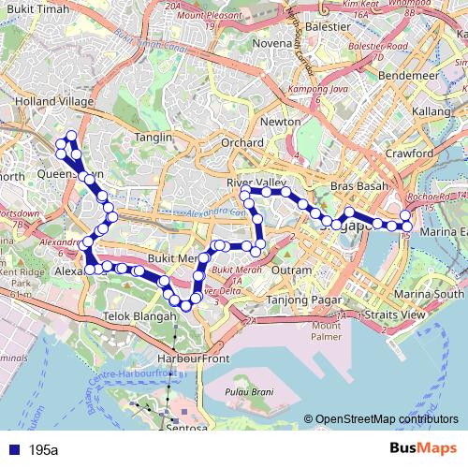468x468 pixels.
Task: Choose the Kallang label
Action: click(x=431, y=111)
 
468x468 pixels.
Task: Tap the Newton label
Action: click(x=281, y=123)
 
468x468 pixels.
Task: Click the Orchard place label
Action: click(x=242, y=142)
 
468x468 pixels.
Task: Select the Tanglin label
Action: click(x=154, y=137)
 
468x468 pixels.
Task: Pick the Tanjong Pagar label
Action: click(x=294, y=300)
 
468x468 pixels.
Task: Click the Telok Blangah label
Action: click(x=140, y=317)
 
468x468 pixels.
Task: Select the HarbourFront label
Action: click(x=194, y=358)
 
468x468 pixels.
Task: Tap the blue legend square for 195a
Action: click(x=11, y=449)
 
